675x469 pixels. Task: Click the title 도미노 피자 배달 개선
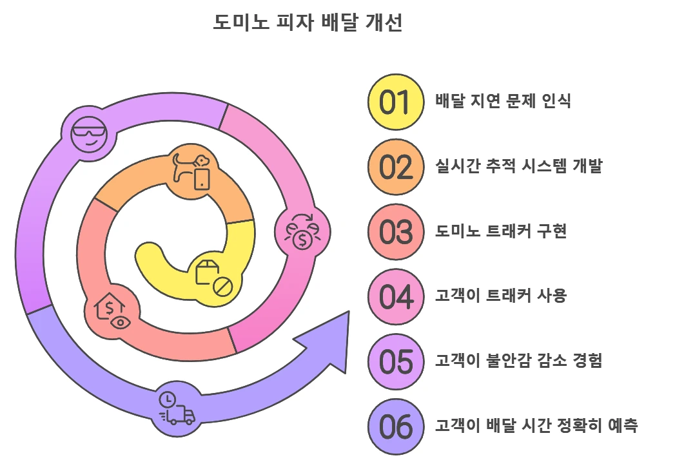click(308, 23)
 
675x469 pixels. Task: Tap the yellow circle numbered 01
click(395, 102)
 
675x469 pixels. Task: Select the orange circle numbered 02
click(395, 167)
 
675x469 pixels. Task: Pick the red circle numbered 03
click(395, 232)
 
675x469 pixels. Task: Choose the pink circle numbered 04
click(395, 297)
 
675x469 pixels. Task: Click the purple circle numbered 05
click(395, 361)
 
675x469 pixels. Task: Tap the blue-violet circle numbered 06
click(395, 426)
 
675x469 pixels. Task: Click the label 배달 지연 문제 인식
click(503, 102)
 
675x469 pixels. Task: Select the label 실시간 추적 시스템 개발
click(518, 166)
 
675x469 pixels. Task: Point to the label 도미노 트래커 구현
click(501, 231)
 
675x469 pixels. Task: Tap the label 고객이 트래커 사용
click(500, 296)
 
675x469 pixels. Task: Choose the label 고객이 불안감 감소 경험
click(518, 361)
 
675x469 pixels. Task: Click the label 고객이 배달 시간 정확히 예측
click(536, 426)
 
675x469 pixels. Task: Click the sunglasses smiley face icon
click(88, 133)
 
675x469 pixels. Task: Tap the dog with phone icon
click(192, 170)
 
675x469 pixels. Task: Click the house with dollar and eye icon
click(112, 311)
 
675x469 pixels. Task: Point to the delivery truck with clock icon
click(175, 409)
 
